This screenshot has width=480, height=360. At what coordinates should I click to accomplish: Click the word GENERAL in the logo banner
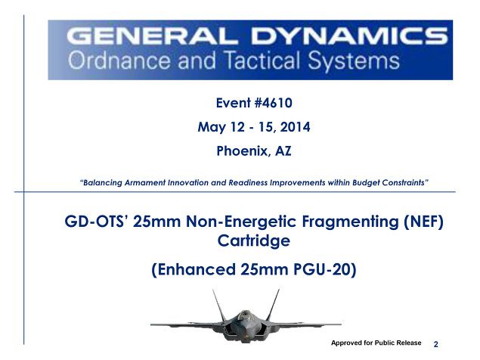point(151,36)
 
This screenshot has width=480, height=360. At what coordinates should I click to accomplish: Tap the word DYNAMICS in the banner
point(349,36)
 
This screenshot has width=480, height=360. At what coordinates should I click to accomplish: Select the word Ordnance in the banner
point(119,61)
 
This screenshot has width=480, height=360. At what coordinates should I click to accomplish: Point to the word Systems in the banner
point(354,61)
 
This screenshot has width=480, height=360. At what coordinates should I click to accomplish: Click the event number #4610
point(273,103)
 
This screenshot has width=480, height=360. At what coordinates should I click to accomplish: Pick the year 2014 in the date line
point(295,127)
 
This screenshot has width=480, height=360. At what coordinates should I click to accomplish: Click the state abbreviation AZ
point(283,151)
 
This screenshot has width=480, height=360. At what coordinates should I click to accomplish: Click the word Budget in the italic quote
point(366,182)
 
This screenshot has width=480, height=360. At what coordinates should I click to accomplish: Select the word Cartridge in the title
point(254,241)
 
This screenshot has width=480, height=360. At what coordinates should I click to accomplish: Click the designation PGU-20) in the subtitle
point(325,269)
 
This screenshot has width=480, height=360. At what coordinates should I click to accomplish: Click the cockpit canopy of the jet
point(244,315)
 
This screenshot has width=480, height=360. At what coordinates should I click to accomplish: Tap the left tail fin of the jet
point(218,305)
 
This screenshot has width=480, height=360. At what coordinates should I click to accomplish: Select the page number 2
point(436,344)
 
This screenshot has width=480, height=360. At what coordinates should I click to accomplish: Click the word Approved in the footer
point(346,343)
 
